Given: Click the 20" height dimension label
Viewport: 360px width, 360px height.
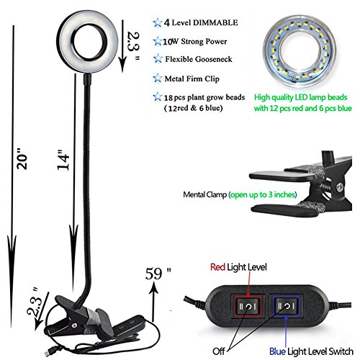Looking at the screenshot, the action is [x=22, y=158].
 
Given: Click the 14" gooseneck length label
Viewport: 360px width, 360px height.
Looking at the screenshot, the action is [x=63, y=161].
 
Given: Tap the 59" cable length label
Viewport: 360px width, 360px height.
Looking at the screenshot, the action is [x=158, y=274].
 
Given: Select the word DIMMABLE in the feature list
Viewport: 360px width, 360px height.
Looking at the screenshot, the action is [x=215, y=22].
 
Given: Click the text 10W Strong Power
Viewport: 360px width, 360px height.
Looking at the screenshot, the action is [x=195, y=42].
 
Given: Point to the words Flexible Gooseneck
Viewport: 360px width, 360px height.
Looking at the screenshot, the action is [x=199, y=59].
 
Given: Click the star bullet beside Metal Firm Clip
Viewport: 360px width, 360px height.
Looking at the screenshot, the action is [x=158, y=78].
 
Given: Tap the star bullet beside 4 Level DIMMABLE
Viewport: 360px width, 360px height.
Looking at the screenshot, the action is [x=158, y=23].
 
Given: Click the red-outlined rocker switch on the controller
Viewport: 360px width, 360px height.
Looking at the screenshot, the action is [x=248, y=306].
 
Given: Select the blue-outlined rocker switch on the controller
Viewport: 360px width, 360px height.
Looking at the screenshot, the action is [x=286, y=306].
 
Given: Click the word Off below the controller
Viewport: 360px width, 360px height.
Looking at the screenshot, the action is [x=218, y=351].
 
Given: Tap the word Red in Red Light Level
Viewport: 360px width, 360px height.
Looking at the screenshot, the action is [x=217, y=267].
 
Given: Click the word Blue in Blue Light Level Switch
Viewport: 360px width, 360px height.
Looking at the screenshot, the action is [x=277, y=351].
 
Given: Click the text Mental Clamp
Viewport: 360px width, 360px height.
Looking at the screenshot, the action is [x=204, y=194].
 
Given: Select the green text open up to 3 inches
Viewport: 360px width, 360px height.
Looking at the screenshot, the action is [x=263, y=194].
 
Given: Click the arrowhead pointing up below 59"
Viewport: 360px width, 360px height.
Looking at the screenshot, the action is [x=153, y=287].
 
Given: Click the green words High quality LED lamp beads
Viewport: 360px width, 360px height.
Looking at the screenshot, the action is [x=301, y=97].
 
